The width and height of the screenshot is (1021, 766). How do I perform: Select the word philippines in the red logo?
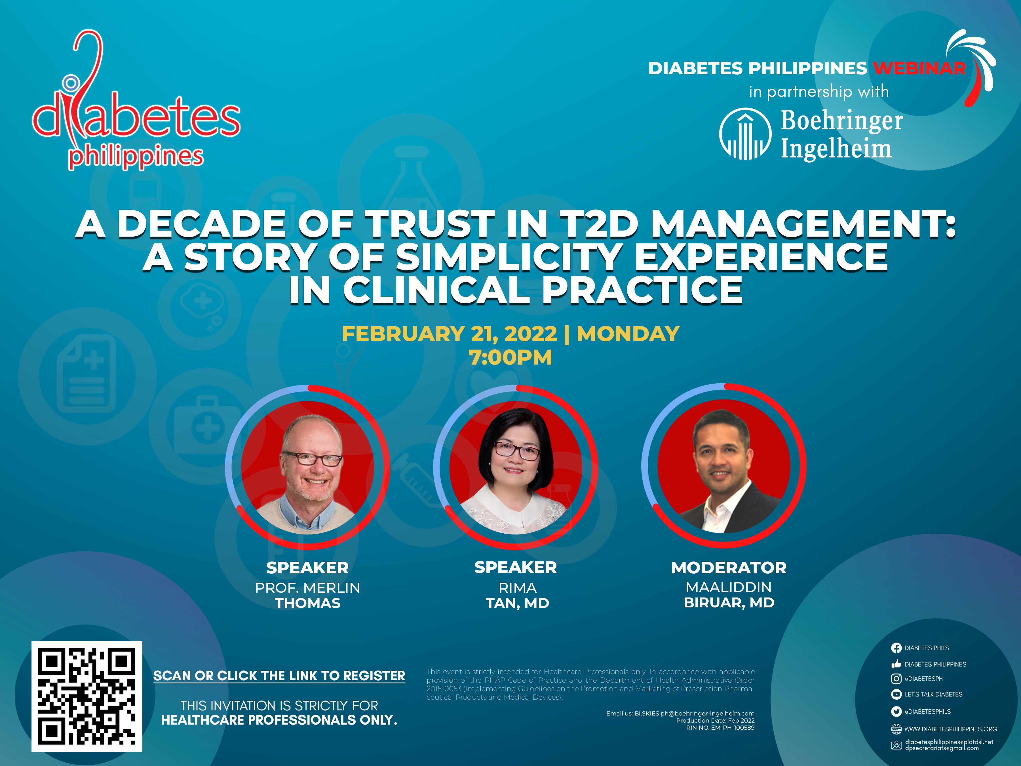pos(136,157)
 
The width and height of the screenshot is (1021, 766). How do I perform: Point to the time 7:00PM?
pos(510,357)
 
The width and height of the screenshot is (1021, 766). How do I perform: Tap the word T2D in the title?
pos(599,224)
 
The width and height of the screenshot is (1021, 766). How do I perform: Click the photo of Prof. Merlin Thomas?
pos(307,467)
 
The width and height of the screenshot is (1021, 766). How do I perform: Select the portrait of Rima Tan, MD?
pos(516,467)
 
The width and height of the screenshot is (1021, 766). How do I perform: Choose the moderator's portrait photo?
pos(724,466)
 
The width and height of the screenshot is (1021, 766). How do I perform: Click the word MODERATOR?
pos(729,567)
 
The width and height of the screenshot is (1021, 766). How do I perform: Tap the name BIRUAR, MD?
pos(729,603)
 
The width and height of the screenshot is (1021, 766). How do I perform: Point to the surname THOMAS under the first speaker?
pos(308,603)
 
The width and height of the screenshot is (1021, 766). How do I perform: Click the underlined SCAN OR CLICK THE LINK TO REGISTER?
pos(279,676)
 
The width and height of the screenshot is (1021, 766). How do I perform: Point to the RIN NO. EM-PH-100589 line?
pos(721,728)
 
